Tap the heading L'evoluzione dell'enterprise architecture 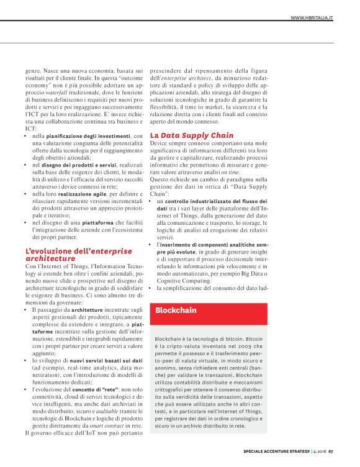tap(79, 254)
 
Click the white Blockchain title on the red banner tap(176, 310)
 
